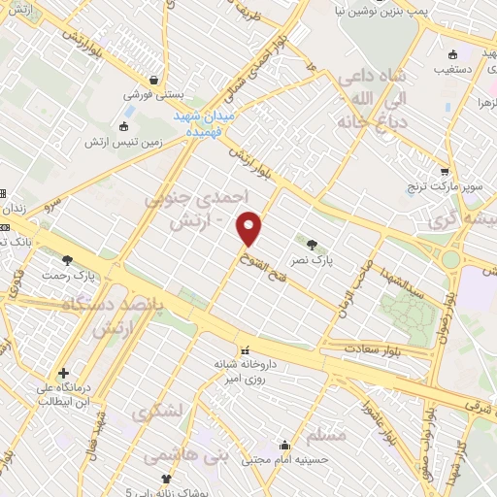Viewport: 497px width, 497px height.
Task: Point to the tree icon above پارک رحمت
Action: point(67,259)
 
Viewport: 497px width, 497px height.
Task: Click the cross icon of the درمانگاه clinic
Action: point(63,372)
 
